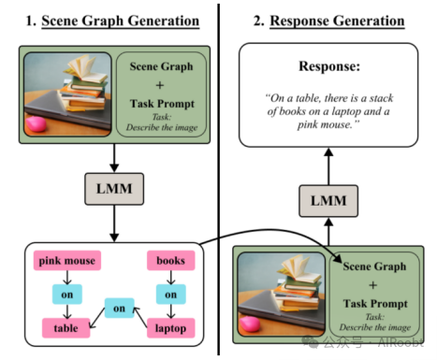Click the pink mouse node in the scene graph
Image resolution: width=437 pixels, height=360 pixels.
pyautogui.click(x=67, y=261)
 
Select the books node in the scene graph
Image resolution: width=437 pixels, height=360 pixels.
pyautogui.click(x=170, y=261)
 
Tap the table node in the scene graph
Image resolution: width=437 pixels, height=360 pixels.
pyautogui.click(x=66, y=328)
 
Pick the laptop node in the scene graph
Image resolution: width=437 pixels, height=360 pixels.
pyautogui.click(x=170, y=328)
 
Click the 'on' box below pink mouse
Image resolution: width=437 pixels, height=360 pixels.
pyautogui.click(x=67, y=295)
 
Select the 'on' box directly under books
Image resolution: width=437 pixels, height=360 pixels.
pyautogui.click(x=170, y=295)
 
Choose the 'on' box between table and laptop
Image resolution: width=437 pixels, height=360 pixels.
pyautogui.click(x=119, y=308)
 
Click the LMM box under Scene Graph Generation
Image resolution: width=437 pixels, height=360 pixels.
pyautogui.click(x=114, y=189)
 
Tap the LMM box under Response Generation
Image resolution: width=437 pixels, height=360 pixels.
pyautogui.click(x=328, y=201)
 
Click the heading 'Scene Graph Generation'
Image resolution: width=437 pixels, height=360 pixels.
pyautogui.click(x=121, y=22)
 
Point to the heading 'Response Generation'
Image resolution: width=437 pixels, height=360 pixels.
pyautogui.click(x=337, y=22)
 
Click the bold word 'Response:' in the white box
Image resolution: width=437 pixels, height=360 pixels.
pyautogui.click(x=329, y=66)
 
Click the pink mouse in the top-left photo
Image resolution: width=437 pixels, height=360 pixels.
pyautogui.click(x=36, y=123)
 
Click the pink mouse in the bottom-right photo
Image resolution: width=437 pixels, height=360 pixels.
pyautogui.click(x=249, y=324)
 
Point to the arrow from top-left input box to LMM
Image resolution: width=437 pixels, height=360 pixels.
pyautogui.click(x=114, y=158)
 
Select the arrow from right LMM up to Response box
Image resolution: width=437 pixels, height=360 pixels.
pyautogui.click(x=328, y=166)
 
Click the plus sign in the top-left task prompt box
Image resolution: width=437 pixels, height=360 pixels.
pyautogui.click(x=160, y=85)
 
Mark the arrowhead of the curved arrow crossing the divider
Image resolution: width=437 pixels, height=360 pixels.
pyautogui.click(x=337, y=257)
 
